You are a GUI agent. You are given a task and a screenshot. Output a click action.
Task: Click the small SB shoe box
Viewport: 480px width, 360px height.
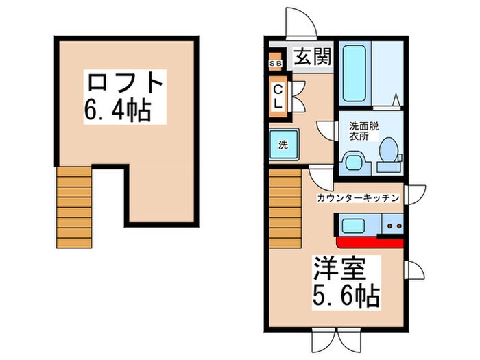[275, 64]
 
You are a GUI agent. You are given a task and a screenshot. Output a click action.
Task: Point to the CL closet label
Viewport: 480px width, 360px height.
[278, 97]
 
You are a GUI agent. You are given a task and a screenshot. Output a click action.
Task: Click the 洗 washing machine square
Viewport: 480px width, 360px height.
[283, 145]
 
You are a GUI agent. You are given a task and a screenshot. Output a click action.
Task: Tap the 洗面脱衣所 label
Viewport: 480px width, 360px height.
[363, 131]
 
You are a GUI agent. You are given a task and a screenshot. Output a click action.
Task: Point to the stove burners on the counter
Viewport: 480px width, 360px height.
[393, 225]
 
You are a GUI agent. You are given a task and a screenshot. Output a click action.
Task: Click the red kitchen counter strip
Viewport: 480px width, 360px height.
[370, 241]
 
